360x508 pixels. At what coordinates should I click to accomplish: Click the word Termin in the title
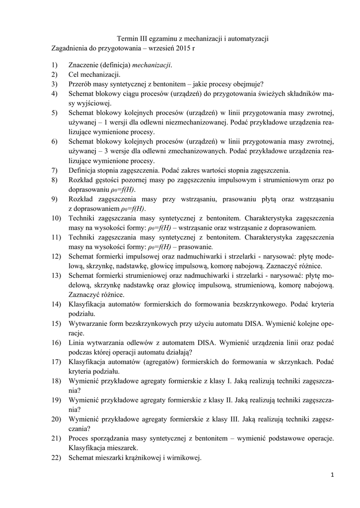coord(127,39)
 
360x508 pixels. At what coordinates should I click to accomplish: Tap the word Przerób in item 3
coord(81,84)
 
